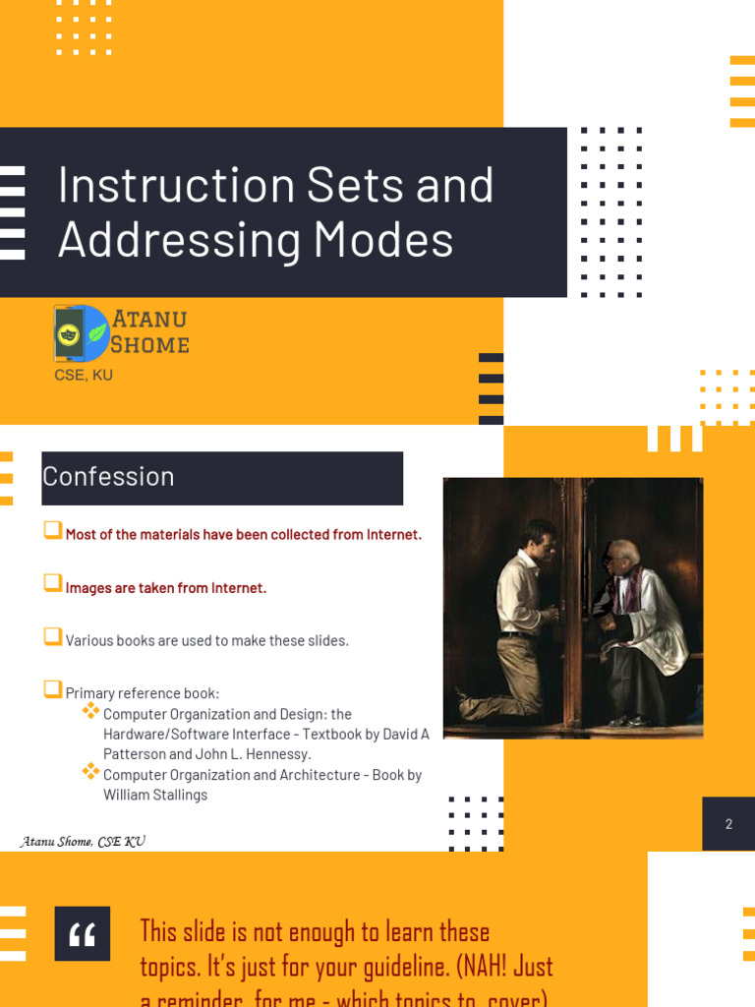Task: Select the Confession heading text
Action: pyautogui.click(x=108, y=477)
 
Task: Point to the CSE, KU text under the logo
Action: pyautogui.click(x=84, y=375)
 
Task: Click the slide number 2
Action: pyautogui.click(x=728, y=824)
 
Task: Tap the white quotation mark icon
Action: pyautogui.click(x=83, y=934)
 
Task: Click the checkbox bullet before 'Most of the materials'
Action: pyautogui.click(x=52, y=531)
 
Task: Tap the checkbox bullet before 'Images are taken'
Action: pyautogui.click(x=52, y=584)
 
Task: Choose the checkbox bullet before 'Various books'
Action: pyautogui.click(x=52, y=637)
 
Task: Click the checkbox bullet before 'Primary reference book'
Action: pyautogui.click(x=52, y=690)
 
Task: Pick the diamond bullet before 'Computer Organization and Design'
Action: pyautogui.click(x=90, y=711)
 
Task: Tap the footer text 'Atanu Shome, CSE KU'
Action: pyautogui.click(x=84, y=842)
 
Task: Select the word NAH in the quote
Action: pyautogui.click(x=482, y=966)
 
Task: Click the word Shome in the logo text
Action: pyautogui.click(x=149, y=344)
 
